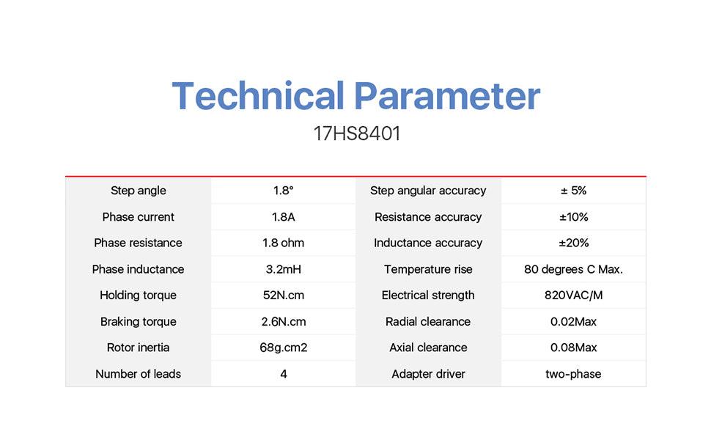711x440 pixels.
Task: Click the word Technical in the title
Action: click(x=258, y=95)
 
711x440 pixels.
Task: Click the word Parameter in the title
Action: click(x=447, y=95)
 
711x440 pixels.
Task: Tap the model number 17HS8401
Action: click(x=357, y=133)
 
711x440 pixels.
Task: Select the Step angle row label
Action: click(x=139, y=191)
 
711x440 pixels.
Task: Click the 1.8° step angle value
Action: click(x=284, y=191)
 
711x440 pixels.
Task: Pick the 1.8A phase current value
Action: click(x=284, y=217)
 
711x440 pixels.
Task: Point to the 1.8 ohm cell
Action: click(x=284, y=243)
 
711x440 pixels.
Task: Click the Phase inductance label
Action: click(x=139, y=269)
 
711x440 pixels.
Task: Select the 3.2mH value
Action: click(x=284, y=269)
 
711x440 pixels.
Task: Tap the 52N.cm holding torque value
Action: click(x=284, y=296)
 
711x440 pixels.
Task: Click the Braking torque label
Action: click(x=139, y=322)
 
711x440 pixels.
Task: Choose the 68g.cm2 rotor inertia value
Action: click(x=284, y=348)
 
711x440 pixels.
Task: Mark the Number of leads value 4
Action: click(x=284, y=374)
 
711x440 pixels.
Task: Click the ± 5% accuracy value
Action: click(x=574, y=191)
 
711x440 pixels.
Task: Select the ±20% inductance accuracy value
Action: click(x=574, y=243)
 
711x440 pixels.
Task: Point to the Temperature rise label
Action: click(x=429, y=269)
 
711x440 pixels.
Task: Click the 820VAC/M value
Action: click(x=574, y=296)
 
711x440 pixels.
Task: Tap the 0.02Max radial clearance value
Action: click(x=574, y=322)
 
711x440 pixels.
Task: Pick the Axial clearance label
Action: click(x=429, y=348)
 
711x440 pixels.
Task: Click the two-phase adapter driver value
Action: click(x=574, y=374)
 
